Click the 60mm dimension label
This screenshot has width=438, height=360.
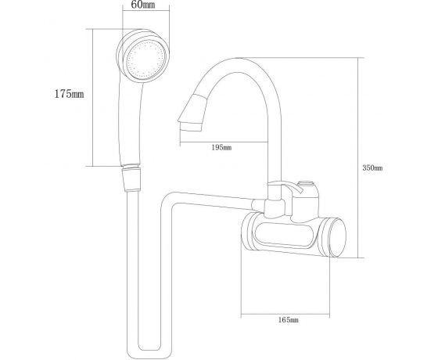pos(142,5)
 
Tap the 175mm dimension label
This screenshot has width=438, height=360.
pos(69,94)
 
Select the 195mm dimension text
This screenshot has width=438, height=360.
pos(221,147)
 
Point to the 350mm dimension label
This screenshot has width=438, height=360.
pos(372,168)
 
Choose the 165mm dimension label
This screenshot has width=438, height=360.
pos(289,319)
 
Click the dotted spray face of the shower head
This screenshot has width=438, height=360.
pos(145,59)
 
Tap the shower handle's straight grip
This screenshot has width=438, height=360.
pos(131,123)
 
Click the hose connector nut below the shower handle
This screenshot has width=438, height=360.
pos(131,179)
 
